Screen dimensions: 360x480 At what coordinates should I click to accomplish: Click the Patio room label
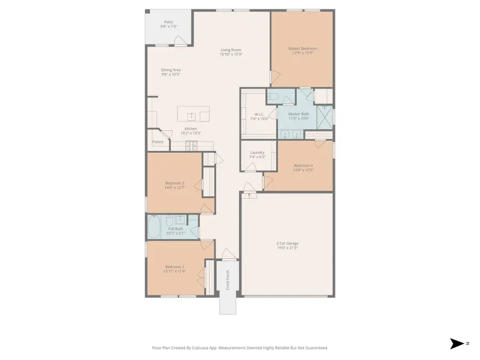pos(169,22)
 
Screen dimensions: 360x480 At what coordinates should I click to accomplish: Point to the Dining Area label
pos(171,70)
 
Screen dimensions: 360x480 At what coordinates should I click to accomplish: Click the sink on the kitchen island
pos(191,115)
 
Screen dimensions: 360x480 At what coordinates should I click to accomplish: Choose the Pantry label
pos(158,142)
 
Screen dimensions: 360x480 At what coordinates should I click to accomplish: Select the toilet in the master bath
pos(272,97)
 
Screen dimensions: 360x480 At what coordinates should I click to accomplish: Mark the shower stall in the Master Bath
pos(324,114)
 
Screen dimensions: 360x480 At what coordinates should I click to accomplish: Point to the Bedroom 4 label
pos(303,165)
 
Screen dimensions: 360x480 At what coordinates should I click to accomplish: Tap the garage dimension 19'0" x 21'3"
pos(287,248)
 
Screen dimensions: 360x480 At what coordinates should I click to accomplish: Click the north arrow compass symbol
pos(457,343)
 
